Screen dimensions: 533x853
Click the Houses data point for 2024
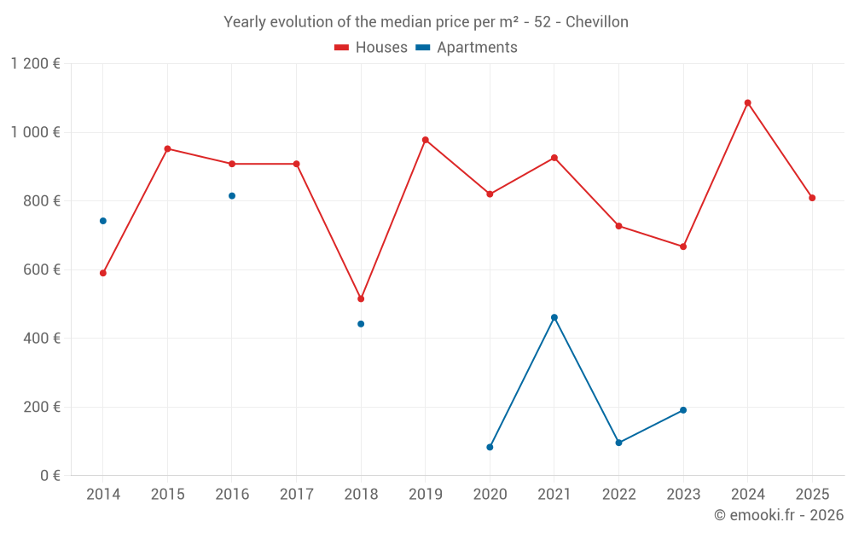coord(747,103)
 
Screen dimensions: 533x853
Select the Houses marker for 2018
coord(361,298)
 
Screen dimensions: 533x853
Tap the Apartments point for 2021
coord(554,317)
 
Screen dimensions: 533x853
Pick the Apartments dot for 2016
coord(232,196)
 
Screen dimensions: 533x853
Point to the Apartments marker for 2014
coord(103,221)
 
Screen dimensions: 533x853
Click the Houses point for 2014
coord(103,273)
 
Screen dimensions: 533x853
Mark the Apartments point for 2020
coord(490,447)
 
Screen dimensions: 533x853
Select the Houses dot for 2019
coord(426,140)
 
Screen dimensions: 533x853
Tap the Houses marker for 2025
coord(812,198)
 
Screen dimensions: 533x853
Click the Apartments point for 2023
coord(683,410)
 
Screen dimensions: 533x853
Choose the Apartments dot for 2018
coord(361,324)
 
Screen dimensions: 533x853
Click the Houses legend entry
coord(371,48)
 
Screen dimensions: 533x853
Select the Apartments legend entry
coord(467,48)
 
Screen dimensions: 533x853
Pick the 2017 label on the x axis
coord(296,495)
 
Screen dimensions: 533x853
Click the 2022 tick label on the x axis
coord(618,495)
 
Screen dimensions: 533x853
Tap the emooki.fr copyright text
coord(778,515)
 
